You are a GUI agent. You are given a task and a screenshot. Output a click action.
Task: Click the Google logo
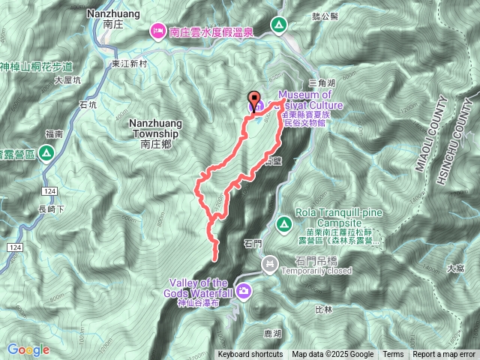pyautogui.click(x=28, y=349)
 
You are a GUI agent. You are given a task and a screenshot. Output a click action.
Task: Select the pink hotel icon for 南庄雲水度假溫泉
pyautogui.click(x=158, y=31)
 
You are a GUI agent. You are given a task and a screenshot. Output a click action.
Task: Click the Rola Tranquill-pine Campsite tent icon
pyautogui.click(x=284, y=223)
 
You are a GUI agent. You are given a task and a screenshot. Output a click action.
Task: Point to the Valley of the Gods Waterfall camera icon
pyautogui.click(x=243, y=289)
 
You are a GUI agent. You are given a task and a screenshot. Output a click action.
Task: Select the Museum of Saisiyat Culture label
pyautogui.click(x=307, y=100)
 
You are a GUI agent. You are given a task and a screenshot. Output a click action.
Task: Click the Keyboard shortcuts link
pyautogui.click(x=250, y=355)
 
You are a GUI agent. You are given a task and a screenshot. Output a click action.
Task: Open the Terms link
pyautogui.click(x=393, y=355)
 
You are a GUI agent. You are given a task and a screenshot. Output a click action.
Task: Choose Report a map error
pyautogui.click(x=445, y=355)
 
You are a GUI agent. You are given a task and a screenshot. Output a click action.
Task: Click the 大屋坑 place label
pyautogui.click(x=67, y=81)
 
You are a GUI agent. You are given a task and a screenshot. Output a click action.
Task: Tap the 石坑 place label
pyautogui.click(x=88, y=106)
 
